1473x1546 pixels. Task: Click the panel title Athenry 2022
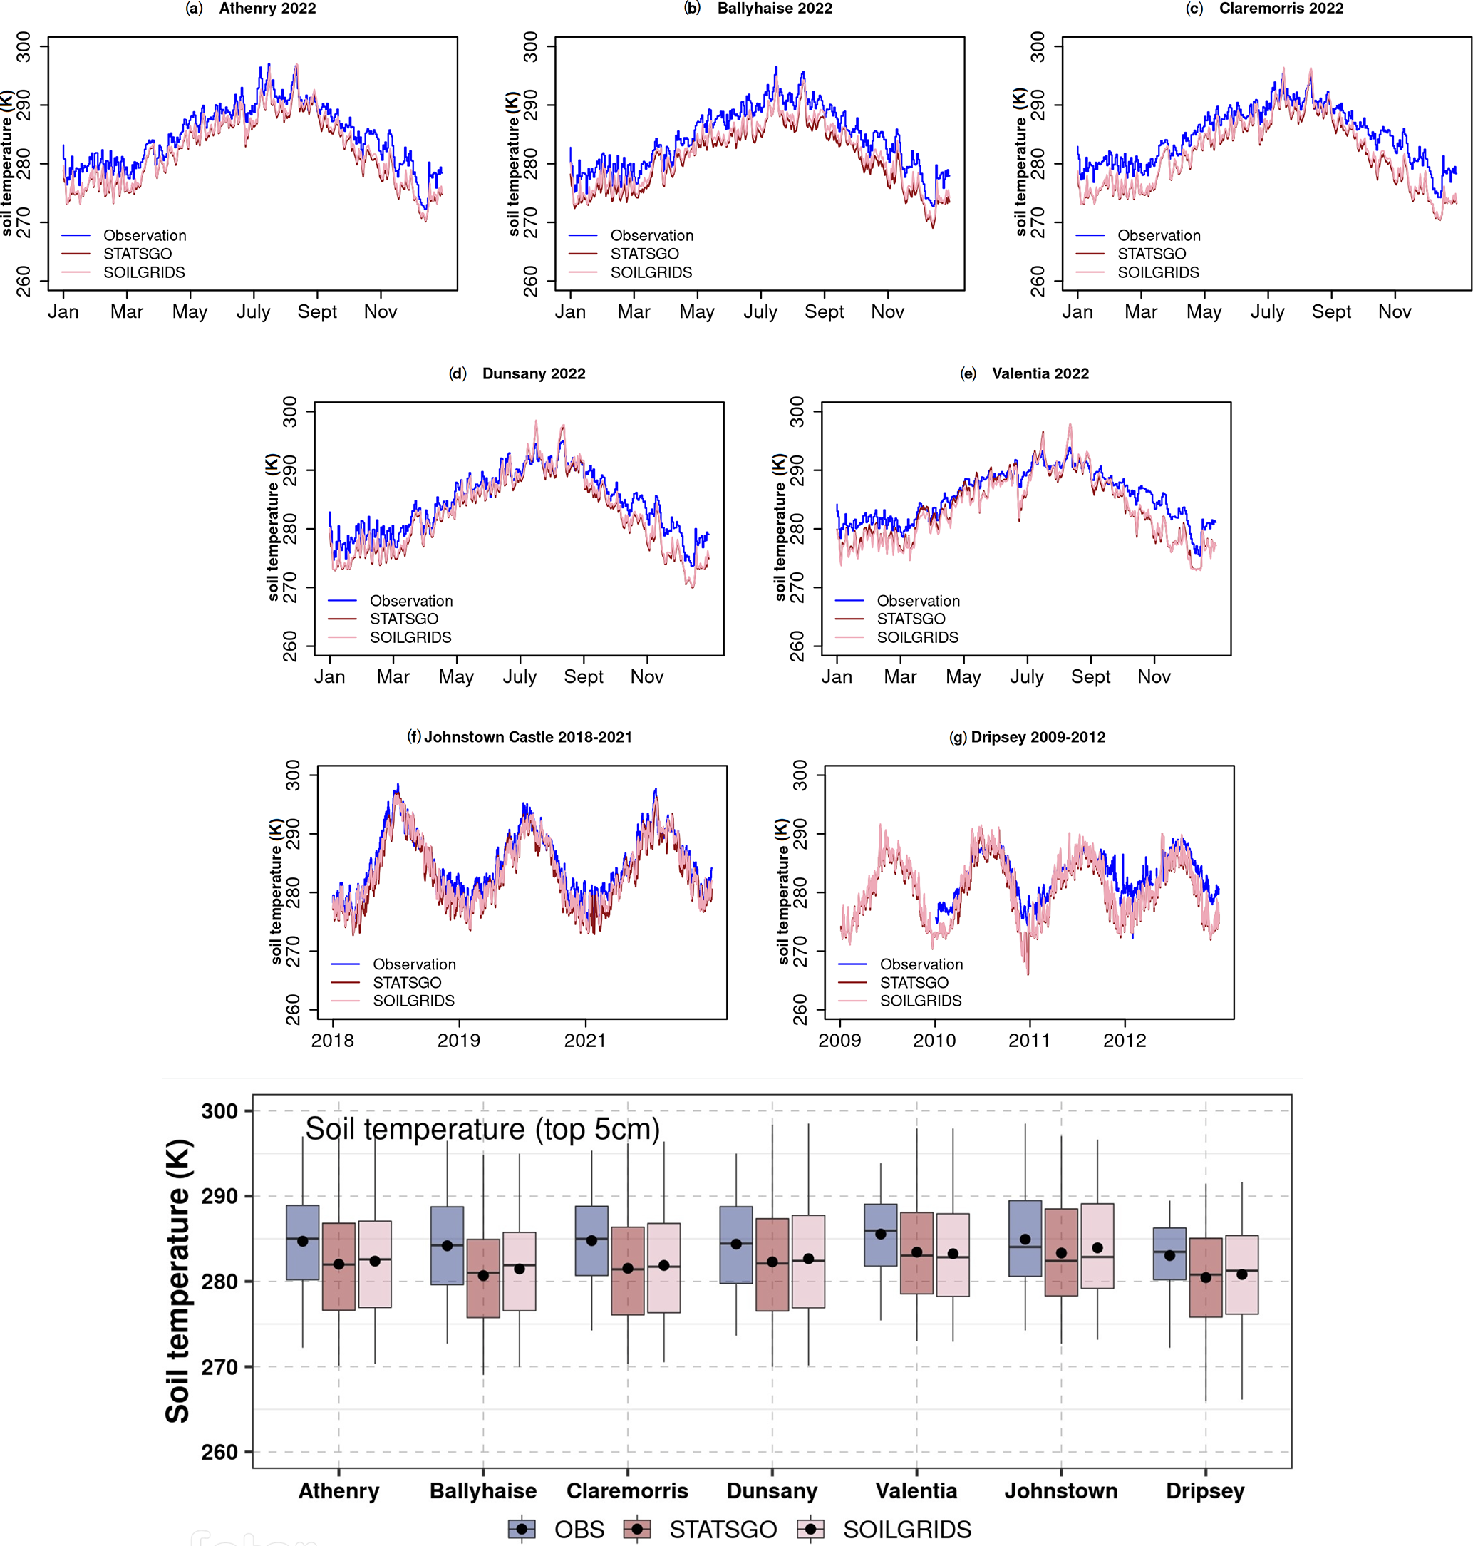[267, 9]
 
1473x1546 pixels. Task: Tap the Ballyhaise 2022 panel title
[774, 9]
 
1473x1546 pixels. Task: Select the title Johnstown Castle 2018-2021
[527, 736]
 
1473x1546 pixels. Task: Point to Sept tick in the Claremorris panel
[1331, 311]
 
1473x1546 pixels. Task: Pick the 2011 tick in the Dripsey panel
[1029, 1041]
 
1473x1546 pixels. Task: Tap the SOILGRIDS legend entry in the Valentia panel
[917, 637]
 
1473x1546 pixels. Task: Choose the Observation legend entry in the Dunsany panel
[410, 601]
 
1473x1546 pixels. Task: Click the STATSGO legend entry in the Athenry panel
[138, 254]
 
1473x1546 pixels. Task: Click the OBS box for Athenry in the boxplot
[302, 1242]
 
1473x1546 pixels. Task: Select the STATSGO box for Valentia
[916, 1252]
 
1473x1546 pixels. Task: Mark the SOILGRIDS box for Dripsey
[1241, 1274]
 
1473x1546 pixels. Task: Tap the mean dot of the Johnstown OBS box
[1025, 1239]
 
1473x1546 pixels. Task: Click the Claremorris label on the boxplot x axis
[627, 1491]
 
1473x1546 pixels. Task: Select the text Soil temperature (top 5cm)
[482, 1129]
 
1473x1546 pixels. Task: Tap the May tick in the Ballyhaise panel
[696, 311]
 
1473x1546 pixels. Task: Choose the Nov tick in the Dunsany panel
[646, 677]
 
